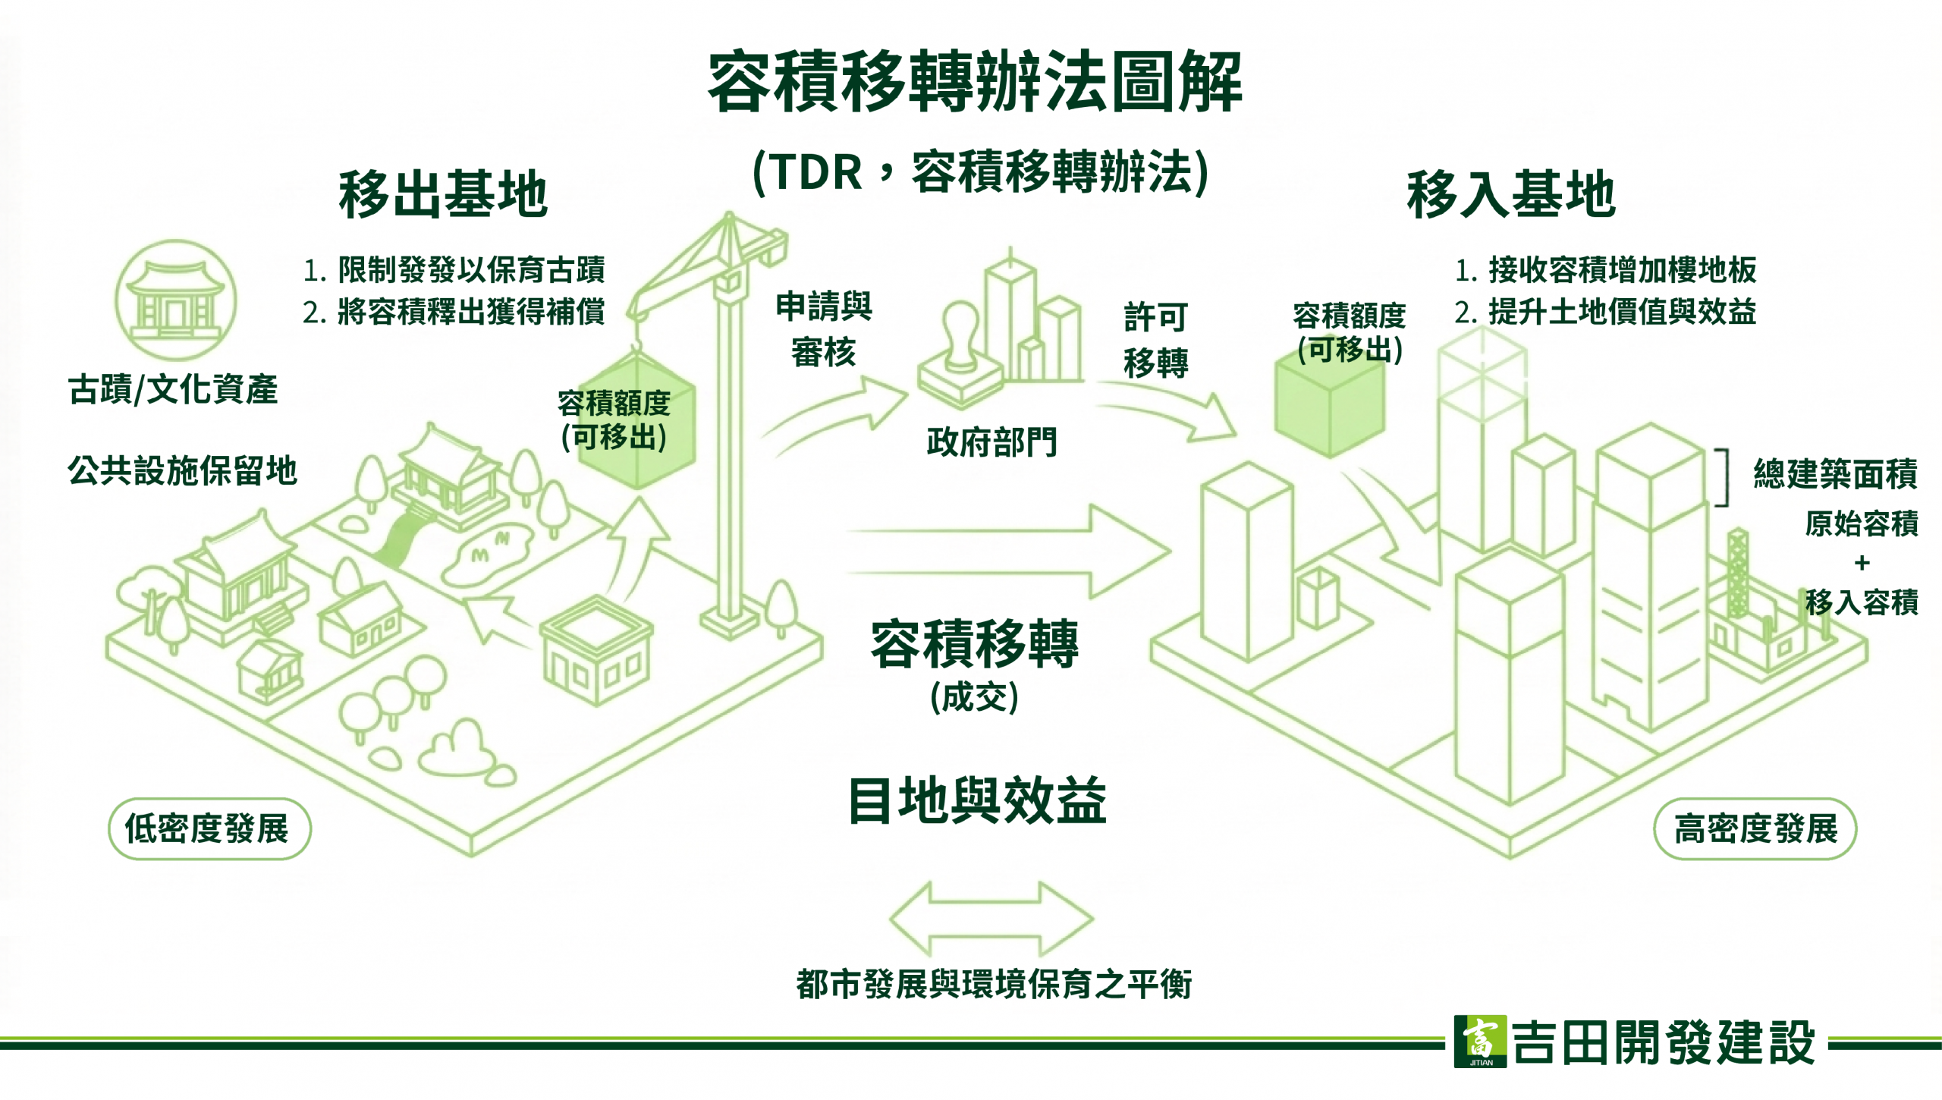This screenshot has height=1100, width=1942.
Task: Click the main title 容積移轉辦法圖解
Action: [x=974, y=82]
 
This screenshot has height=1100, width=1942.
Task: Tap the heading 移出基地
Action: [x=443, y=194]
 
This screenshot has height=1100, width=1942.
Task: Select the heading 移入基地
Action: [x=1510, y=194]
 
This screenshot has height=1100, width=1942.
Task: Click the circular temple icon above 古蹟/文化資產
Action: [x=176, y=300]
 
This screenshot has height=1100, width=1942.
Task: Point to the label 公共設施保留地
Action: [x=182, y=470]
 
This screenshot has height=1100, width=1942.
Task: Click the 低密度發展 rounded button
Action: [x=209, y=828]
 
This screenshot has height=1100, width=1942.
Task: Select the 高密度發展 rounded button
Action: [x=1755, y=828]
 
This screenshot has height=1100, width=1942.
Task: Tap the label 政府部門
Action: [x=991, y=442]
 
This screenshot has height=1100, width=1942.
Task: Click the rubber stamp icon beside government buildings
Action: [x=960, y=357]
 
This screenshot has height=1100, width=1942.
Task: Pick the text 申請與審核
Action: [x=824, y=329]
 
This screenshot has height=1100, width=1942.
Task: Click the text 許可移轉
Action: [x=1155, y=340]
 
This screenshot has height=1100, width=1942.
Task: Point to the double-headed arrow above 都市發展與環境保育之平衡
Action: [x=991, y=919]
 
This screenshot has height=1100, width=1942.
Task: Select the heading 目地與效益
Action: [x=977, y=801]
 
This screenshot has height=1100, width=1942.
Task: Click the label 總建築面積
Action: [x=1835, y=474]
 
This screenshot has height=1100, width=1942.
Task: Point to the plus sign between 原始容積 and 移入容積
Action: [x=1861, y=563]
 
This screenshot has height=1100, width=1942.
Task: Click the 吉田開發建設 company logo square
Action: [x=1479, y=1042]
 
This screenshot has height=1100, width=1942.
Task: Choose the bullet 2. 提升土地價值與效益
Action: [x=1605, y=312]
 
